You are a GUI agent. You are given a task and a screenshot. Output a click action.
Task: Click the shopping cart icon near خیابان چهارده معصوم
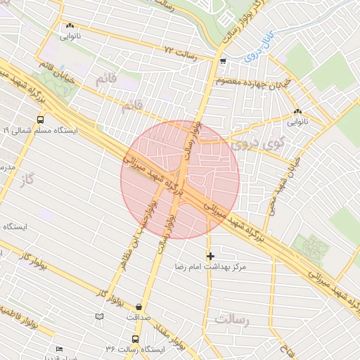click(223, 62)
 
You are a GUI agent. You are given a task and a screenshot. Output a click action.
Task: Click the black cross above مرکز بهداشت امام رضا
click(210, 256)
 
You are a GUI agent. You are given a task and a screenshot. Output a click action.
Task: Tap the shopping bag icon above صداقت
click(139, 307)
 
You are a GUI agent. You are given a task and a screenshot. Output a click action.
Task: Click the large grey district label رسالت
click(233, 320)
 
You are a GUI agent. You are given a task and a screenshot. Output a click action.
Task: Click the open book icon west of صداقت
click(99, 317)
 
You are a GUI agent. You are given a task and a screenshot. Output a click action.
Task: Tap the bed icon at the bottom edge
click(59, 349)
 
